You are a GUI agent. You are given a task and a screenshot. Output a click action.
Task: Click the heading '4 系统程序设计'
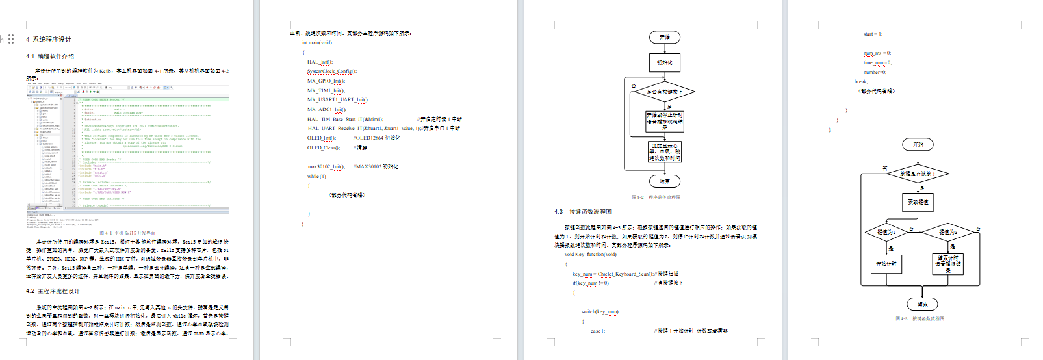49,40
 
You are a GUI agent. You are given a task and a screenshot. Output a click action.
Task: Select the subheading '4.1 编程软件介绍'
50,57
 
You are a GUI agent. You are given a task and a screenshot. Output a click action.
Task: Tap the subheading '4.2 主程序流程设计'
53,291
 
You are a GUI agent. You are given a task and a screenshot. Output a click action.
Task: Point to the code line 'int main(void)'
316,43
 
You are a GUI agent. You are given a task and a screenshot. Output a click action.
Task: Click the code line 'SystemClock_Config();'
331,71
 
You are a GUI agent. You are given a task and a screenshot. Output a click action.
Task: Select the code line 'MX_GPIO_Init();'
324,81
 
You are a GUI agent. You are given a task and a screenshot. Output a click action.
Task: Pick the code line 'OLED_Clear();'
323,148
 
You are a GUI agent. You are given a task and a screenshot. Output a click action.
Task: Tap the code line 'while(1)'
316,176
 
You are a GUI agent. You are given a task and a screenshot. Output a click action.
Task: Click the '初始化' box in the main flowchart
665,62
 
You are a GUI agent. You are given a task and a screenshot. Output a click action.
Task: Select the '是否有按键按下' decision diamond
665,92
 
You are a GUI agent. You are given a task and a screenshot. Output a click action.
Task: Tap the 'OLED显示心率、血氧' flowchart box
665,152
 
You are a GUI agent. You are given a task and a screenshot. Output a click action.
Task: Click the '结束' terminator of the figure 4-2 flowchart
665,181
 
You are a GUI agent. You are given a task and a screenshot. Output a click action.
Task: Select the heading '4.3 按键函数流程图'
583,212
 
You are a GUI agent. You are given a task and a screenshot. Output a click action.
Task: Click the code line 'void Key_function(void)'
590,255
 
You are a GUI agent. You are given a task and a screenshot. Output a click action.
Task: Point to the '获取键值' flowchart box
918,202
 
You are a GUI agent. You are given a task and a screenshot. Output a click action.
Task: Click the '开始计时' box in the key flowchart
886,264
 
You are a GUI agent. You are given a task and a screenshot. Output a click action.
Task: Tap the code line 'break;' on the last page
860,82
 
